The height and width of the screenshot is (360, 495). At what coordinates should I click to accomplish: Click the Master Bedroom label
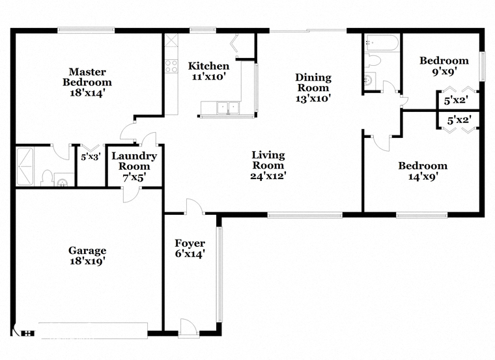pos(87,77)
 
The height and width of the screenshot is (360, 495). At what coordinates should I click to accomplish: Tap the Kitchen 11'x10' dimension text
pos(208,76)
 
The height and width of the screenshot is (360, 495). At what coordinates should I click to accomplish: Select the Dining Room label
pos(313,82)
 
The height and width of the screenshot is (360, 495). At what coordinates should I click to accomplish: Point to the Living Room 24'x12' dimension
pos(268,176)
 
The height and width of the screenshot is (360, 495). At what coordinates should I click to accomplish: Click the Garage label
pos(87,251)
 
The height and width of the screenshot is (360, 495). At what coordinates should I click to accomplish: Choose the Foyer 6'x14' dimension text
pos(190,254)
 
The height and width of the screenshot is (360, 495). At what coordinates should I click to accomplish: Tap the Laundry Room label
pos(134,161)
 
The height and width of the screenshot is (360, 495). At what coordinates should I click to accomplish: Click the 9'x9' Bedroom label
pos(444,61)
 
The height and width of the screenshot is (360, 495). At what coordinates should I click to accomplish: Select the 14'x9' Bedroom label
pos(423,166)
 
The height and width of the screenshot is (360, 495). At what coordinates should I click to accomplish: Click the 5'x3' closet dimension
pos(91,157)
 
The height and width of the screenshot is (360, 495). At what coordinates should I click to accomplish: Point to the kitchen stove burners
pos(171,66)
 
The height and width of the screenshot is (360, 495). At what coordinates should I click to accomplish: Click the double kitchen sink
pos(227,107)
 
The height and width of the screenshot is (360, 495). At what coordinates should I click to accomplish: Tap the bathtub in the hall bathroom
pos(382,42)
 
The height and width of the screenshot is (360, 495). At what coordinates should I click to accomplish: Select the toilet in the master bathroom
pos(47,178)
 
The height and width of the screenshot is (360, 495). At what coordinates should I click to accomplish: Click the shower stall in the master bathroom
pos(25,167)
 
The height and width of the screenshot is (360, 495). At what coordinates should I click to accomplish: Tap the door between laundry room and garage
pos(132,194)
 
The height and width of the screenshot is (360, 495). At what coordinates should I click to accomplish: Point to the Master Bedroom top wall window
pos(86,31)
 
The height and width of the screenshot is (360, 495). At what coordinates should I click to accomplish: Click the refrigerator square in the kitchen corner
pos(171,40)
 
